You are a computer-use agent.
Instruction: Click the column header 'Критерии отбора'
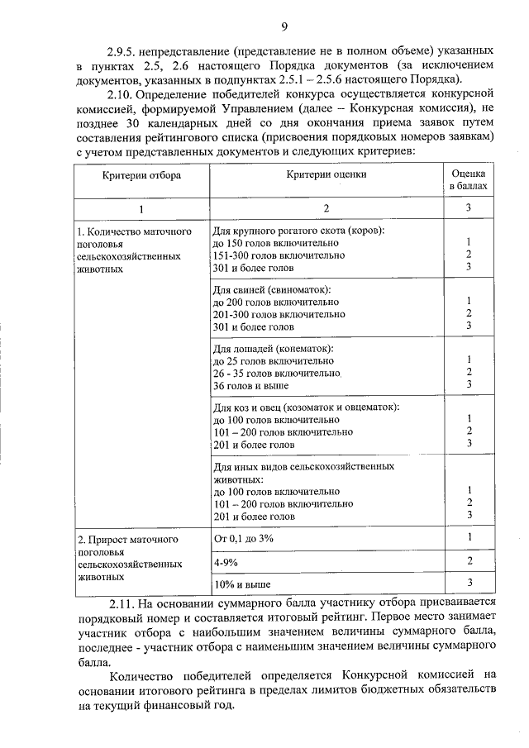[x=142, y=175]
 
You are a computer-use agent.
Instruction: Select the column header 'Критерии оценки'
[x=326, y=175]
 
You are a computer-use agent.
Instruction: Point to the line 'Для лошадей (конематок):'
[x=274, y=349]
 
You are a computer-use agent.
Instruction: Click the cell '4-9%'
[x=226, y=561]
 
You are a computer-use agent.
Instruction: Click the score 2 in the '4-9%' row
[x=469, y=561]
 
